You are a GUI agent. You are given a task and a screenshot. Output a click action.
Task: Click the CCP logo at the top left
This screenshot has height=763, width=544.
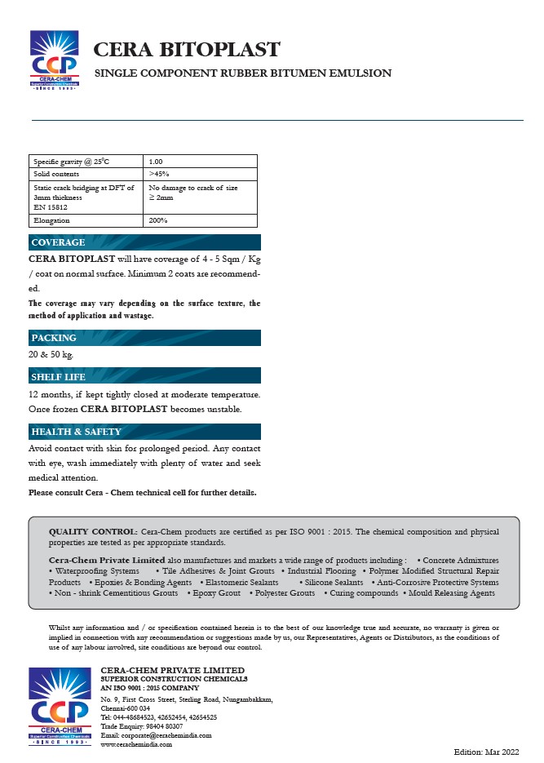(54, 62)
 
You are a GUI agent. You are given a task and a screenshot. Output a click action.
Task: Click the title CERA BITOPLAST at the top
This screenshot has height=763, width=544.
(187, 50)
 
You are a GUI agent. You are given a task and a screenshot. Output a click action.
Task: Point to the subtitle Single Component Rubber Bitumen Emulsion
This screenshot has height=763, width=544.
(243, 73)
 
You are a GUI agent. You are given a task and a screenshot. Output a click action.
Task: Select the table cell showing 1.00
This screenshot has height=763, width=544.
(155, 162)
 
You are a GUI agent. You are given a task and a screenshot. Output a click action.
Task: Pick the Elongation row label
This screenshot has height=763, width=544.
(51, 220)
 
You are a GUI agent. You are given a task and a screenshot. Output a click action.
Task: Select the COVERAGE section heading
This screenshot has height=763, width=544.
(58, 242)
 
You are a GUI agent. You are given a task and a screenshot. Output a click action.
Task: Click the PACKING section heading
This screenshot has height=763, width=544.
(54, 338)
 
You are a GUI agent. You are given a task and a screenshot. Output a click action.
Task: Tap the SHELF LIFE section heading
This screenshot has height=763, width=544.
(58, 377)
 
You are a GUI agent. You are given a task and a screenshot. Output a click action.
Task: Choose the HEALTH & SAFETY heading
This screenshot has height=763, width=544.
(76, 432)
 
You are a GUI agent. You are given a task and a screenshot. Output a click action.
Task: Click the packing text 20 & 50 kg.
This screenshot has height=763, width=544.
(51, 354)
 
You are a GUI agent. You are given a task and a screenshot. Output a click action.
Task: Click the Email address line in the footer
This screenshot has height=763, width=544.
(156, 735)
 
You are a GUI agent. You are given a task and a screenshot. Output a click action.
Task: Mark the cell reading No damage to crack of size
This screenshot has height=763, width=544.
(193, 188)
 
